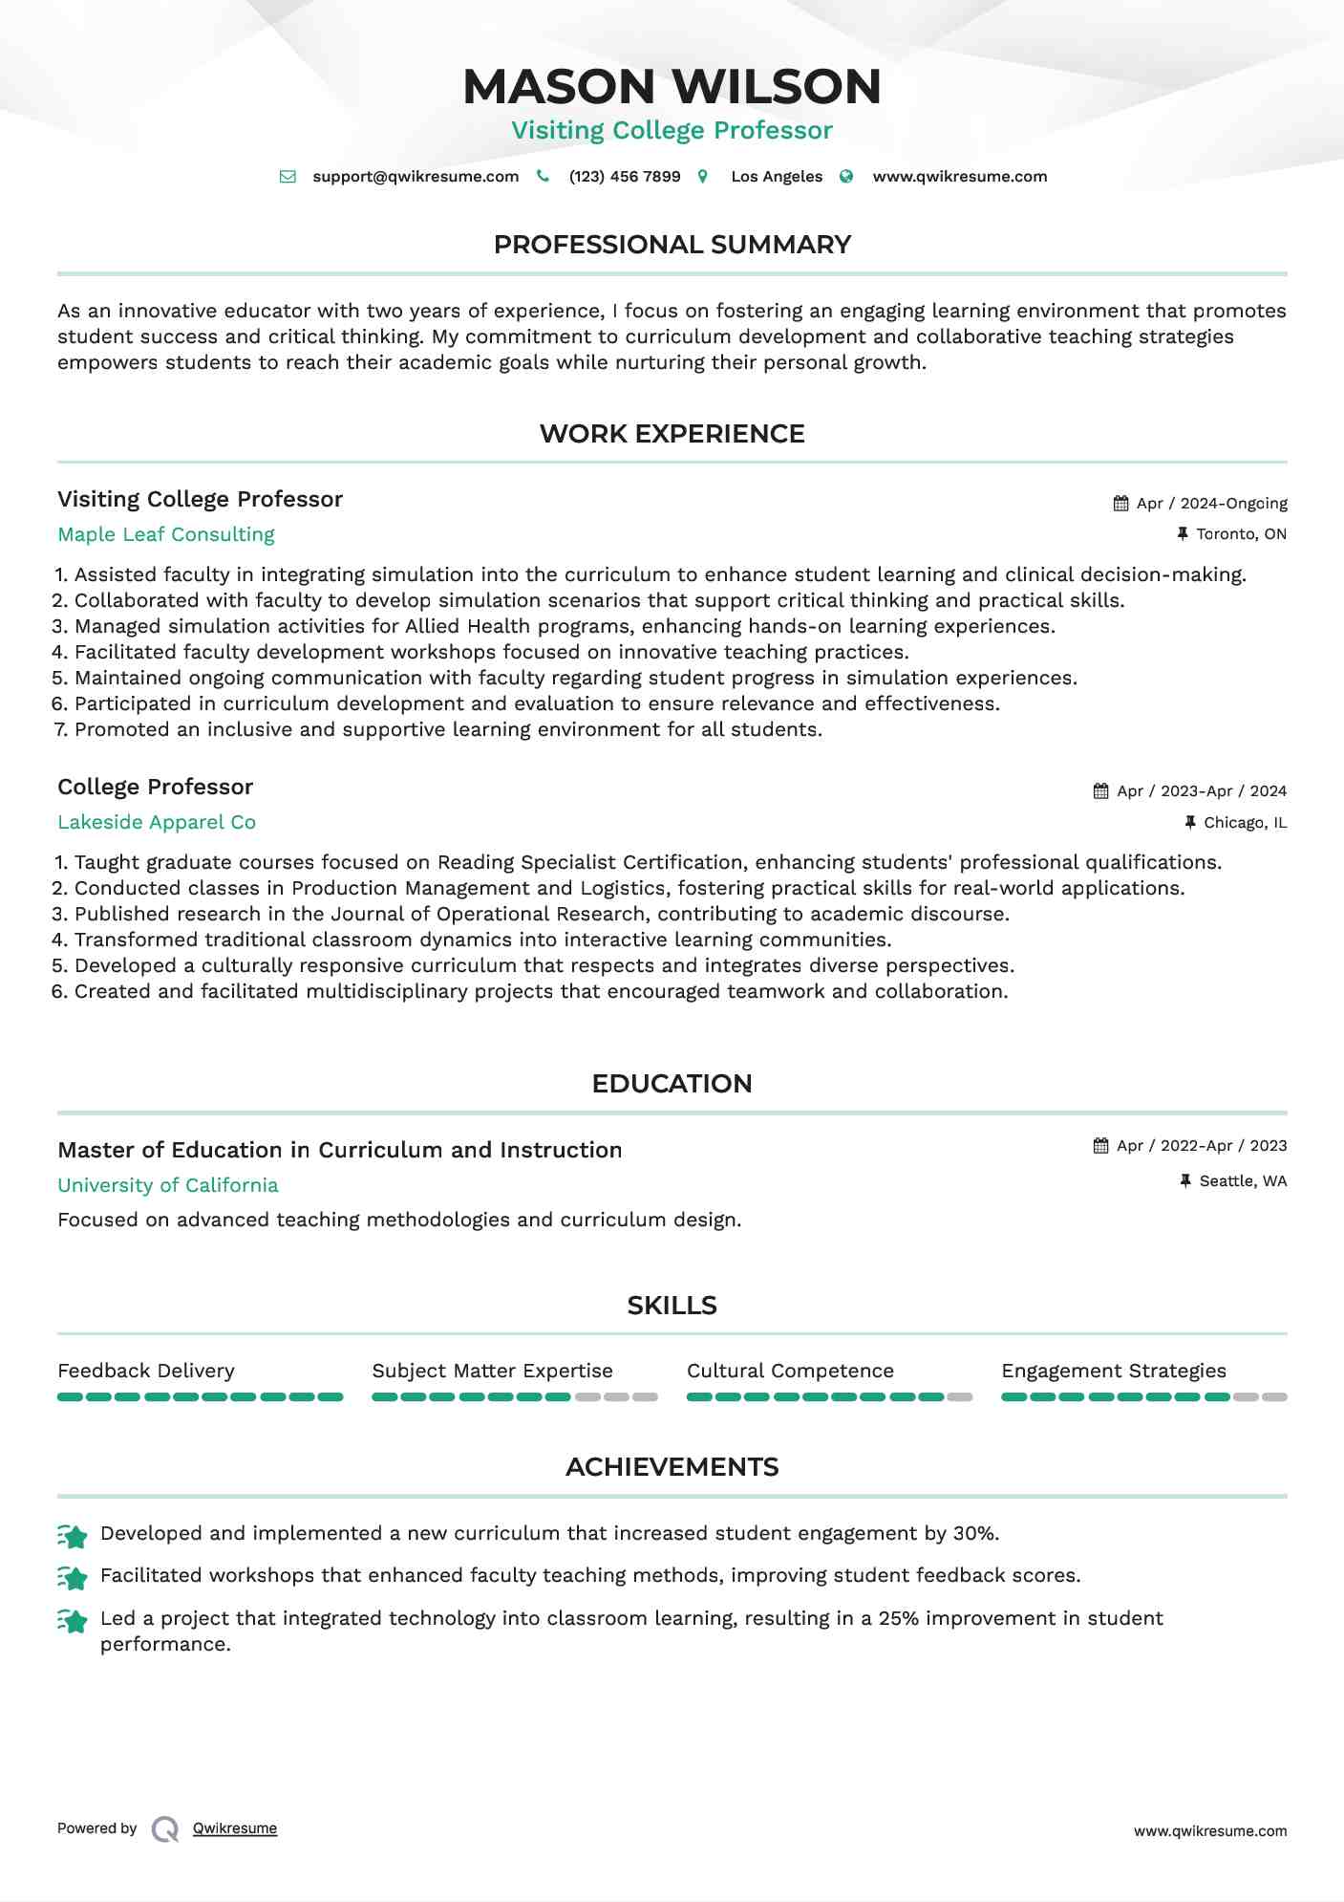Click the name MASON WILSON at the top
click(672, 87)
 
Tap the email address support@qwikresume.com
click(416, 177)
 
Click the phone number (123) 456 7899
click(625, 177)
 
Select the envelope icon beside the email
click(288, 177)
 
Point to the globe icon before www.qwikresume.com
click(846, 177)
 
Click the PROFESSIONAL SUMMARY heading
click(672, 245)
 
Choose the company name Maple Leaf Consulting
click(166, 534)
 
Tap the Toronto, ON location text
click(1241, 534)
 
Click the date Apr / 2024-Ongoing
click(1211, 504)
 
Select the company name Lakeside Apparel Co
click(157, 822)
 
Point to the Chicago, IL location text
click(1245, 823)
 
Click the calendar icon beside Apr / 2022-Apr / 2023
click(1101, 1146)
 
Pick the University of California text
click(168, 1185)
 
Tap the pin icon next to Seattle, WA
click(1185, 1181)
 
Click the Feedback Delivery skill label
click(146, 1371)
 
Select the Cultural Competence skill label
click(790, 1371)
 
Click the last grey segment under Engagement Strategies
click(1274, 1397)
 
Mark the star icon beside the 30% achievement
click(73, 1535)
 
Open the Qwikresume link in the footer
click(235, 1828)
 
